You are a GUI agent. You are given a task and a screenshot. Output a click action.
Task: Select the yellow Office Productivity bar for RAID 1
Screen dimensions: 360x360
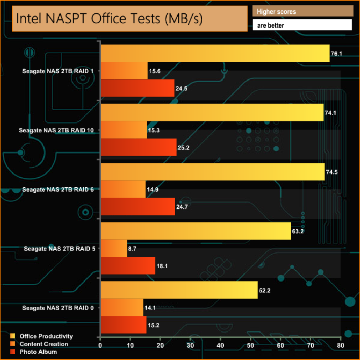(x=215, y=54)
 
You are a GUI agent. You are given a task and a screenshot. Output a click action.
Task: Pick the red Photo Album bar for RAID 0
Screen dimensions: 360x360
(x=123, y=326)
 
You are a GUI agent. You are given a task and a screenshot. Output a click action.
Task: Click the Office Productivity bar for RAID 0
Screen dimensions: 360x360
(x=179, y=290)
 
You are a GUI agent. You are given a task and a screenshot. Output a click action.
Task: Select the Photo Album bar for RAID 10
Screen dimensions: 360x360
(x=138, y=148)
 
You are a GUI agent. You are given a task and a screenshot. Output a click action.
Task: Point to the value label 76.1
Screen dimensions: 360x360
(x=336, y=54)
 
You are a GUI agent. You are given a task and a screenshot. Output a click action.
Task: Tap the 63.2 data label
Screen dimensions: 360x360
(x=298, y=231)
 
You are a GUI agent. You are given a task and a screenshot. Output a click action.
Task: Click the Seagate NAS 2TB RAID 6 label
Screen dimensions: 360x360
(x=58, y=189)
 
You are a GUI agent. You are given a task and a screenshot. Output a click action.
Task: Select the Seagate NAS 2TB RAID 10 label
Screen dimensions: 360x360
(x=56, y=130)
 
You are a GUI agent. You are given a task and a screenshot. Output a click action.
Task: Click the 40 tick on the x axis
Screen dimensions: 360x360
(x=220, y=346)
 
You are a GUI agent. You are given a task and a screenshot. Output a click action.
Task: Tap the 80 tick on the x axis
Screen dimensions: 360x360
(x=340, y=346)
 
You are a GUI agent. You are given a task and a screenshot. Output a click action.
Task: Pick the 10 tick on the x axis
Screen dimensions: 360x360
(x=130, y=346)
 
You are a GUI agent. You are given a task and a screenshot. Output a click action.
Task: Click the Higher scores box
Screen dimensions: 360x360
(x=302, y=12)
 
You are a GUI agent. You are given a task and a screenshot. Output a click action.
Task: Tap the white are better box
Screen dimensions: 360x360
(x=302, y=25)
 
